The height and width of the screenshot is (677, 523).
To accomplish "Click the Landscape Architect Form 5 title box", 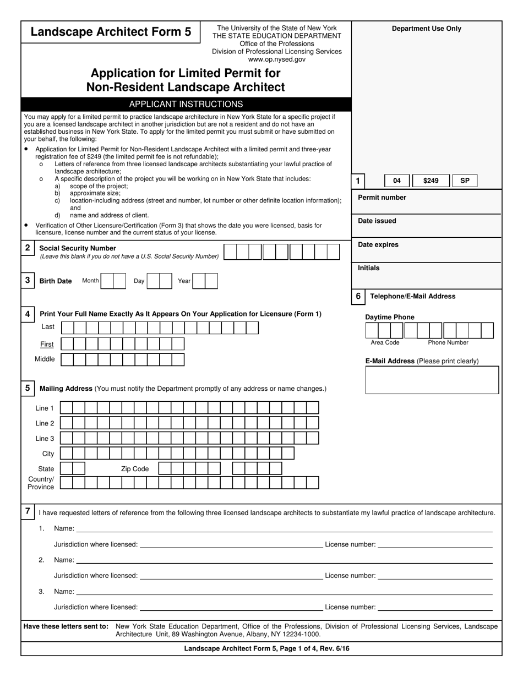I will pos(111,32).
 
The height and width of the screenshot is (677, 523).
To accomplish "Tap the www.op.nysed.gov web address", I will pos(277,59).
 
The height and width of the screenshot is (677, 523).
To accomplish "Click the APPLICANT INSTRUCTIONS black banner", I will pos(186,104).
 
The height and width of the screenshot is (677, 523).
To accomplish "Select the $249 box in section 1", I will pos(431,181).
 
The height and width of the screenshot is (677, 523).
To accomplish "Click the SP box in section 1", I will pos(465,181).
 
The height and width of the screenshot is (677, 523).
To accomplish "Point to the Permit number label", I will pos(382,198).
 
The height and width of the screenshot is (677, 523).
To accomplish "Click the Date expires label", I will pos(378,244).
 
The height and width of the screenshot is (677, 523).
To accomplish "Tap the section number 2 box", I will pos(28,248).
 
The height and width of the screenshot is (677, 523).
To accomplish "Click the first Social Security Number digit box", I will pos(230,252).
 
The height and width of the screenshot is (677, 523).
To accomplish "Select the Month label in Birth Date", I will pos(90,281).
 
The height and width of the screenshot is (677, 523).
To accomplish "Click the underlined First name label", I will pos(47,344).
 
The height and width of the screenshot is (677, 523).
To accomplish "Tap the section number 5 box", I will pos(28,388).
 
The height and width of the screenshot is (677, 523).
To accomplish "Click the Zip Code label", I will pos(135,469).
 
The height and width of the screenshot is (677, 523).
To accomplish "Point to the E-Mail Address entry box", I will pos(432,380).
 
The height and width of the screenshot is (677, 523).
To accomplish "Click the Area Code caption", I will pos(385,342).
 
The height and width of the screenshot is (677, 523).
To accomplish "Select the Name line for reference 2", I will pos(284,560).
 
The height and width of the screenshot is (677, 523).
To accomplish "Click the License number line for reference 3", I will pos(435,607).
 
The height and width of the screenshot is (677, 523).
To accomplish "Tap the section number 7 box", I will pos(28,511).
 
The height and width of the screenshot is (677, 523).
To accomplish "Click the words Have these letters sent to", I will pos(66,626).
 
